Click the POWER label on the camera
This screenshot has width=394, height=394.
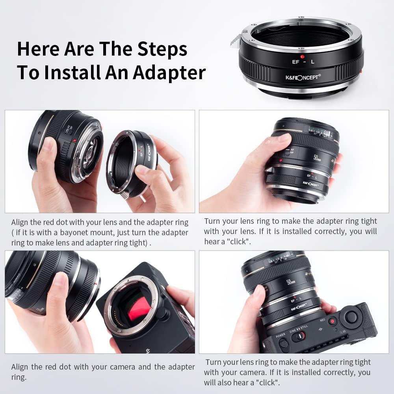[281, 336]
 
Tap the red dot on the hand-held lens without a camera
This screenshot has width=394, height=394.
[280, 160]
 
